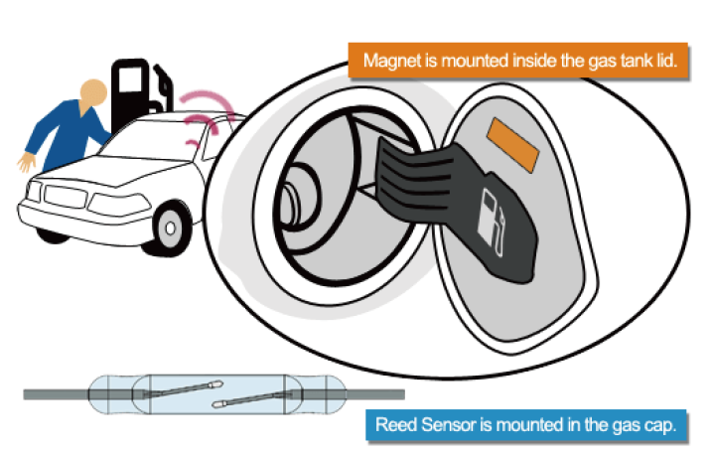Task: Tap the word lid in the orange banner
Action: click(666, 61)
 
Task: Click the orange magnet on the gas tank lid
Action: click(512, 145)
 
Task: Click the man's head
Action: click(93, 92)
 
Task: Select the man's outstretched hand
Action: click(26, 162)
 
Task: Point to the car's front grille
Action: click(65, 197)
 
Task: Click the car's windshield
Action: click(152, 140)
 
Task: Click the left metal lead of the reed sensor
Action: click(57, 394)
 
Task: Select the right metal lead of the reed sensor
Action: click(374, 394)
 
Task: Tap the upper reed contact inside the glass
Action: click(184, 389)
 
